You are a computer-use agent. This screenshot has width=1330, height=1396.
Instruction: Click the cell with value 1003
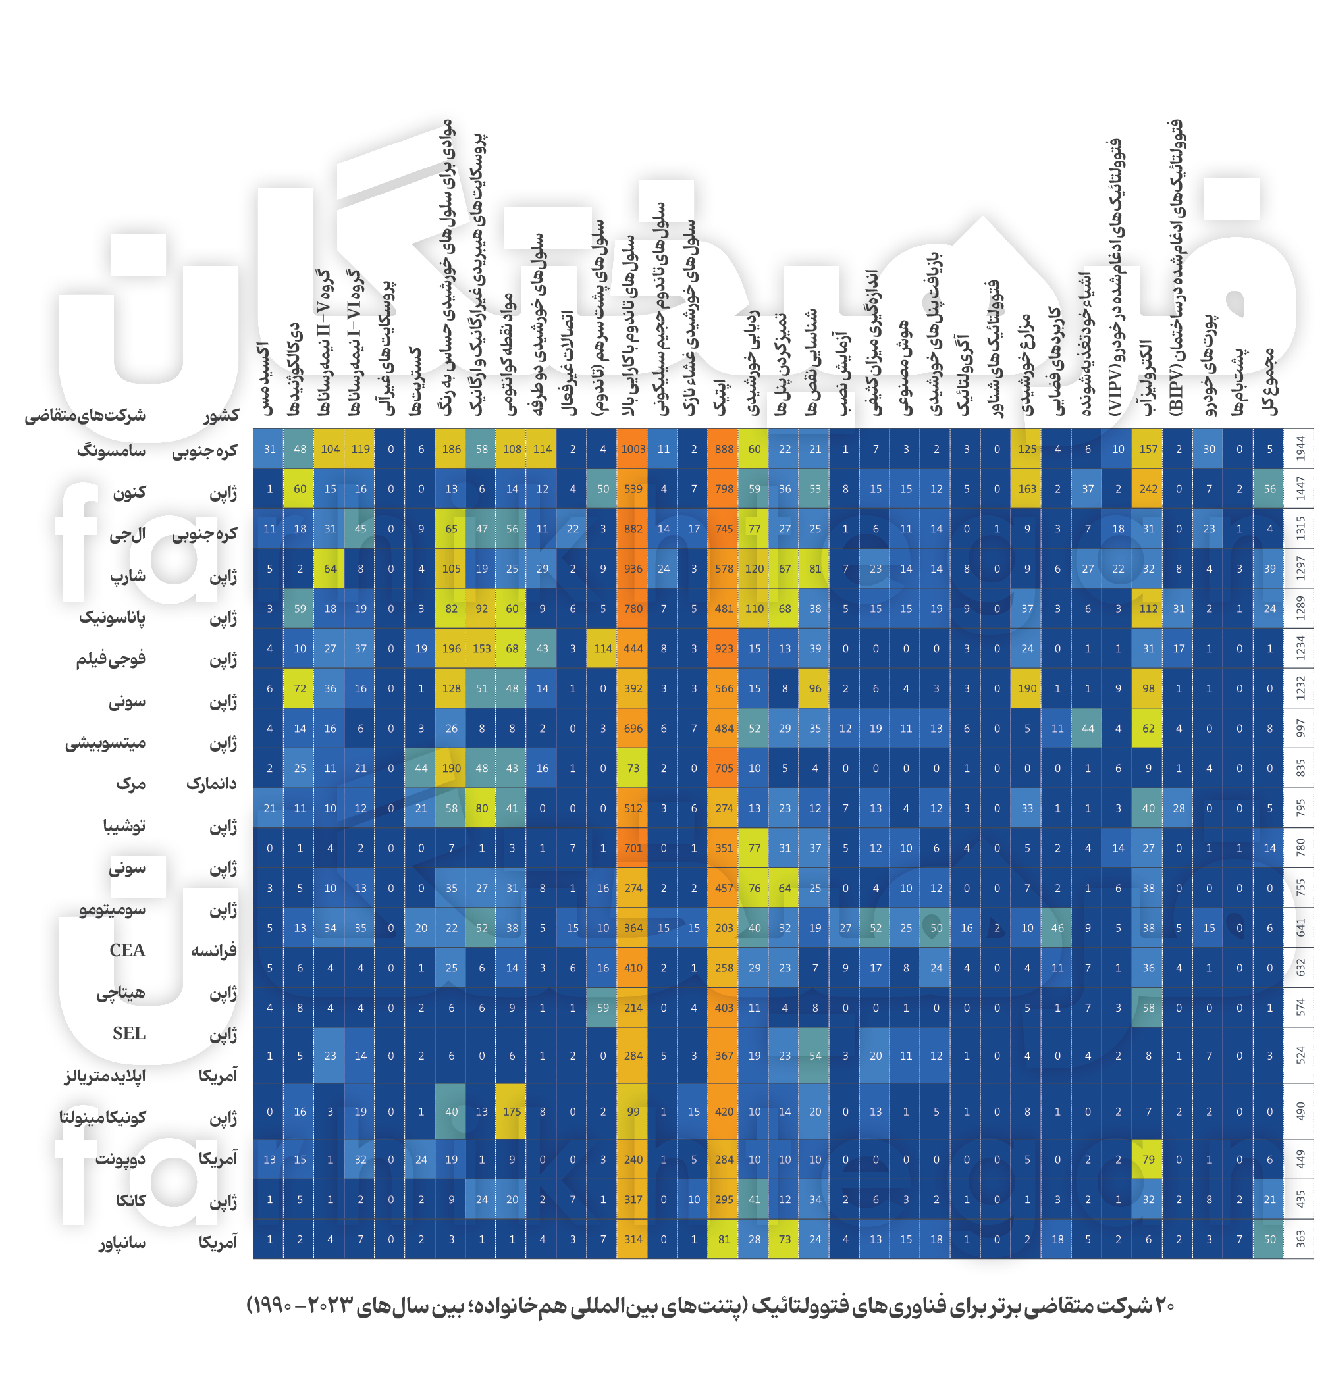click(633, 449)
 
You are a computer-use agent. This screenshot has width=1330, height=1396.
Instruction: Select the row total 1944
click(1300, 449)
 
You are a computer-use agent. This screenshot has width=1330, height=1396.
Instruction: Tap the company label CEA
click(127, 950)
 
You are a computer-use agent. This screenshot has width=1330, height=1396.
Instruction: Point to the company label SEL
click(128, 1033)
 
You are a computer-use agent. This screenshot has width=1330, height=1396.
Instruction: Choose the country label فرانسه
click(213, 950)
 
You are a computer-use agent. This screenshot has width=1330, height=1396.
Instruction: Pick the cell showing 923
click(724, 648)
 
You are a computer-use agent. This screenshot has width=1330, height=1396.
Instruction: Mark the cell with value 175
click(512, 1111)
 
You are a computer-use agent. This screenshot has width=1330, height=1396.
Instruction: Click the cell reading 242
click(1148, 489)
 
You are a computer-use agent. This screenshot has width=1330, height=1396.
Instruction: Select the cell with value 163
click(1026, 489)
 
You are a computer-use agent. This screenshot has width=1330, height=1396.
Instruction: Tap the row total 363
click(1300, 1239)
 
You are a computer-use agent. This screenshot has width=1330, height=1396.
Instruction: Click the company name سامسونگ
click(111, 451)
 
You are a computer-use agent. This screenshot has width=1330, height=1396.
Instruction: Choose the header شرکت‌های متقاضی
click(85, 415)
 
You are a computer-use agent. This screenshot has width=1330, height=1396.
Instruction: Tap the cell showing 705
click(724, 768)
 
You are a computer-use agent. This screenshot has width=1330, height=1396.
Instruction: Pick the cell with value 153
click(481, 648)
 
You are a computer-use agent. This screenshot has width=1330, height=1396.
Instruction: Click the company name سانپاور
click(122, 1242)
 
